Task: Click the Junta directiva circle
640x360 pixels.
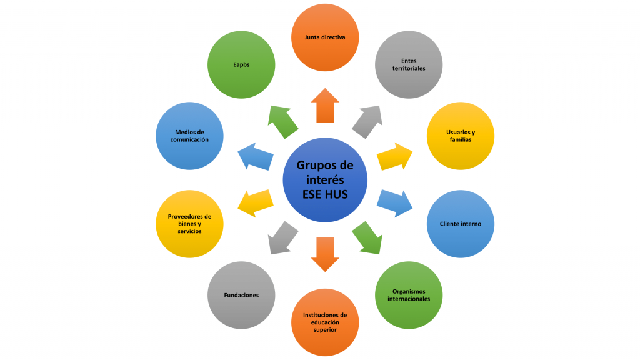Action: click(325, 37)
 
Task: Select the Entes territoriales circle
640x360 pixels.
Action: click(409, 65)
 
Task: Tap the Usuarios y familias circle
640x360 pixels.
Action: click(460, 136)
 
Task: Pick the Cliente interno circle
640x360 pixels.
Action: click(460, 224)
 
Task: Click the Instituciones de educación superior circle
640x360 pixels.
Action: click(325, 322)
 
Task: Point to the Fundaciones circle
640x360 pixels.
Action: click(241, 295)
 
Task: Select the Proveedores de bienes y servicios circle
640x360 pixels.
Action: click(189, 224)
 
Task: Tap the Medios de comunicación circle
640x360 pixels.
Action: click(189, 136)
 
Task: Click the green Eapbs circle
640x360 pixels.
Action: click(241, 65)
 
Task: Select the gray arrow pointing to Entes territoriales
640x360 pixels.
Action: click(367, 121)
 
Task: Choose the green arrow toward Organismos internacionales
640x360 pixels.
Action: click(367, 237)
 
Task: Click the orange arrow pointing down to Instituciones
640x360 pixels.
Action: click(325, 253)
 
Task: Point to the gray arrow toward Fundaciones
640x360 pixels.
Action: click(283, 237)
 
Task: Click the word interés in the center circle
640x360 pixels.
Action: click(324, 180)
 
